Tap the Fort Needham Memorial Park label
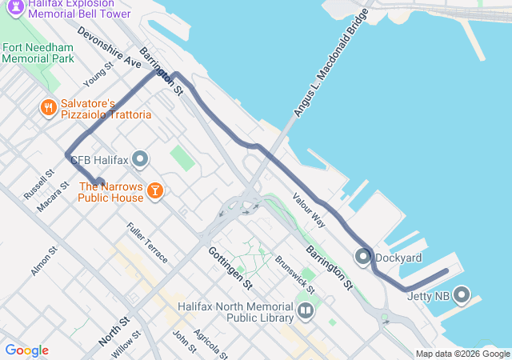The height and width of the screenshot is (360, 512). click(x=38, y=53)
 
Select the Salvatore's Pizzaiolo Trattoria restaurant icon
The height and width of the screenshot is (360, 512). click(x=48, y=106)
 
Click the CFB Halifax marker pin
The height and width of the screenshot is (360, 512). click(x=141, y=160)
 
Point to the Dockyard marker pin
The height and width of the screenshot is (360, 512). click(x=362, y=258)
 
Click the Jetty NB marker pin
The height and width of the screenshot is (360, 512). click(x=462, y=296)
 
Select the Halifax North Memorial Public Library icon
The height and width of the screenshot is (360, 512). click(x=305, y=310)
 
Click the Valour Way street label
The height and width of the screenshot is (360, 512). click(x=309, y=210)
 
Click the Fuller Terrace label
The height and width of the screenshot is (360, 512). click(x=147, y=243)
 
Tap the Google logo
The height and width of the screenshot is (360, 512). click(x=26, y=350)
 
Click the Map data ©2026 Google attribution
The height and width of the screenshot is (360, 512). click(x=462, y=354)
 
